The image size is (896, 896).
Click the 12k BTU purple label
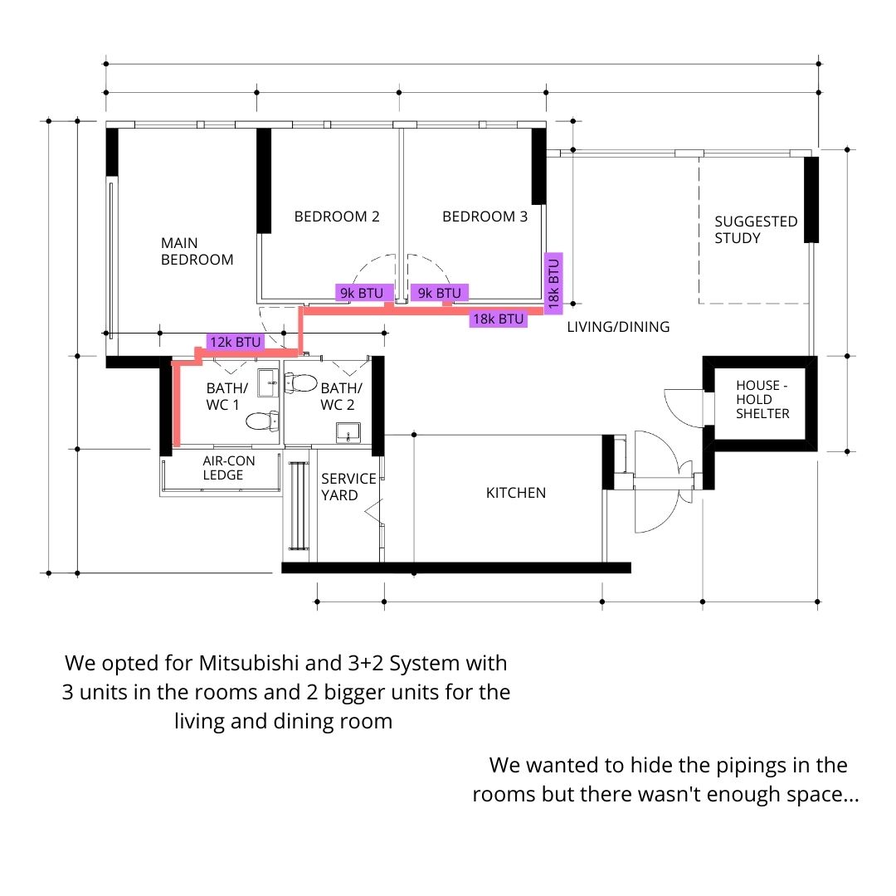click(x=236, y=342)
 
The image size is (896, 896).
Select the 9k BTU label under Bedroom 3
click(x=440, y=293)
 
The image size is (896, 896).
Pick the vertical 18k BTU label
click(x=553, y=284)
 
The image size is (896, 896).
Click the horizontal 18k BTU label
click(x=499, y=319)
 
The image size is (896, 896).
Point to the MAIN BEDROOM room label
click(x=197, y=251)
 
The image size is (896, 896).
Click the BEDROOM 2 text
click(x=337, y=217)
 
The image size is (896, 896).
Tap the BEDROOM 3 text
click(x=485, y=217)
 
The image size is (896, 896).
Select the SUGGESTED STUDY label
click(x=756, y=230)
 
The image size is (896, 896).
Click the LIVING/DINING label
click(x=618, y=327)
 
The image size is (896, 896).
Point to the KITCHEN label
click(x=516, y=493)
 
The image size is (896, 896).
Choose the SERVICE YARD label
click(x=348, y=487)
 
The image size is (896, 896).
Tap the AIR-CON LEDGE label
click(x=229, y=468)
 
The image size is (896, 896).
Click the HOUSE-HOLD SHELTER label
click(x=762, y=399)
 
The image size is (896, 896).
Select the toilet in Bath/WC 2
click(x=300, y=382)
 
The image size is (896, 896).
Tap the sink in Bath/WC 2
click(x=348, y=432)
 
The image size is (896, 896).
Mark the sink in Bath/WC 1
click(x=268, y=382)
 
